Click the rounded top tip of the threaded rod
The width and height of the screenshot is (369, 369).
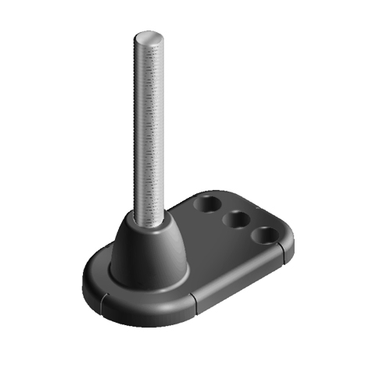[149, 38]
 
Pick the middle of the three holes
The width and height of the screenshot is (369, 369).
[236, 220]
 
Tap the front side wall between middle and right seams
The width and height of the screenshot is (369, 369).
[238, 283]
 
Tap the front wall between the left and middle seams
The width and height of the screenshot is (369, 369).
[149, 309]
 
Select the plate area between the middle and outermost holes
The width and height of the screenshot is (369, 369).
[251, 227]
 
